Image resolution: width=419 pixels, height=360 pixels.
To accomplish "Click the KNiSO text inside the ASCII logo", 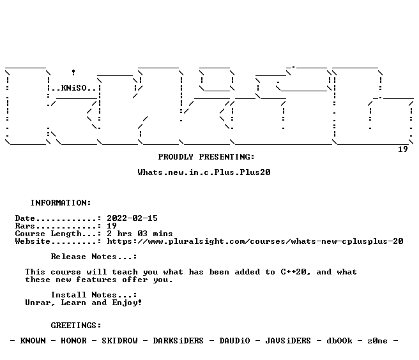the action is coord(73,88).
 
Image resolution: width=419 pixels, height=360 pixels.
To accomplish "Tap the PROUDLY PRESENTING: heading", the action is coord(206,157).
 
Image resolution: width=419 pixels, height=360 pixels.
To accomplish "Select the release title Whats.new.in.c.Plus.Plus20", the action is coord(204,172).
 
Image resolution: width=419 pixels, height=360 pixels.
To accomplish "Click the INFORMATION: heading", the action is coord(61,203).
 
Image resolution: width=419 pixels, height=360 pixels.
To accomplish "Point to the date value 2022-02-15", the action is coord(132,218).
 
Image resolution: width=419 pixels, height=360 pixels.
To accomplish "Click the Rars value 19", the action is coord(112,226).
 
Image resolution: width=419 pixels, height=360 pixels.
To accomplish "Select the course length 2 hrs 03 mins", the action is coord(140,234).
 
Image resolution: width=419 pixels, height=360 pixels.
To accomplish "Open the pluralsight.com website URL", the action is coord(255,241).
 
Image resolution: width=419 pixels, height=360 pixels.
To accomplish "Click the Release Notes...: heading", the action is coord(94,257).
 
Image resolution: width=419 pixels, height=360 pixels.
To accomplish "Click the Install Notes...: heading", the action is coord(94,295).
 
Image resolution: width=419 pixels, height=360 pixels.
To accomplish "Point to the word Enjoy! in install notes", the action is coord(127,303).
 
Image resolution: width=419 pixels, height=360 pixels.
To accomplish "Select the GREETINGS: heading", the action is coord(76,326).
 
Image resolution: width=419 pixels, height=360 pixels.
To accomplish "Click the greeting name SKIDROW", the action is coord(119,341).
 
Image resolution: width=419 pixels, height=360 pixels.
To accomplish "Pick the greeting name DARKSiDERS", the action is coord(178,341).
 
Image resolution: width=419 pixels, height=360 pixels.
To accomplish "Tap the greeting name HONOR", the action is coord(73,341).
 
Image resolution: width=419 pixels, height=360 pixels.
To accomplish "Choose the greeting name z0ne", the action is coord(377,341).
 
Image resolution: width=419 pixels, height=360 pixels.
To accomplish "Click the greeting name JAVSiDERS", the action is coord(288,341).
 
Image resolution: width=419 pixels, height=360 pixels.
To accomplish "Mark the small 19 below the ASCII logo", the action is coord(403,149).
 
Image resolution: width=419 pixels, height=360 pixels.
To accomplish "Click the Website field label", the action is coord(33,241).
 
